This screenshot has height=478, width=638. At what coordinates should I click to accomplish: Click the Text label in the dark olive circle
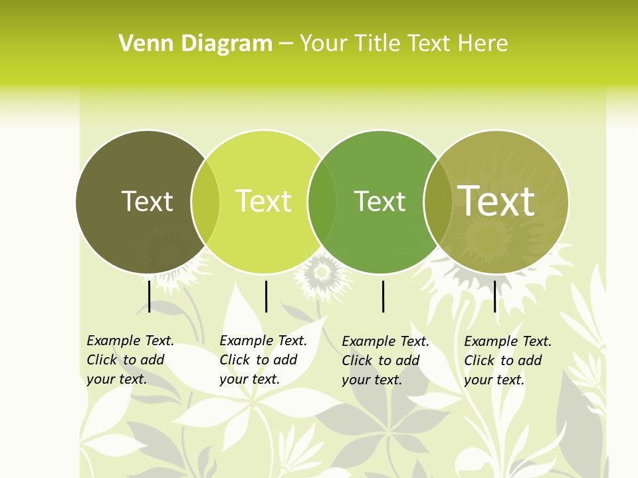click(x=147, y=201)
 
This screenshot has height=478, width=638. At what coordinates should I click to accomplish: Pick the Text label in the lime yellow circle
click(x=263, y=201)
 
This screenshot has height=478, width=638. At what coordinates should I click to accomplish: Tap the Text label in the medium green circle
click(x=379, y=201)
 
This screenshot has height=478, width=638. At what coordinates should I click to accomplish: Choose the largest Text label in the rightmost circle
click(x=496, y=200)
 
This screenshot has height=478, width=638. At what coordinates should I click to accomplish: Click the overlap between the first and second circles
click(x=205, y=201)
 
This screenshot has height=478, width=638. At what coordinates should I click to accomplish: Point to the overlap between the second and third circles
click(x=322, y=201)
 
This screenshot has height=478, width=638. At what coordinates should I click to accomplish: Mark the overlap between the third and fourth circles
click(x=438, y=201)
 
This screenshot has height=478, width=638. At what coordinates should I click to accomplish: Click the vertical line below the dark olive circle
click(x=150, y=296)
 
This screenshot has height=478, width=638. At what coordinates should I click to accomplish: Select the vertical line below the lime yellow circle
click(x=266, y=296)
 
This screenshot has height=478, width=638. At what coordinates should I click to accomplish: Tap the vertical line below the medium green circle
click(x=383, y=296)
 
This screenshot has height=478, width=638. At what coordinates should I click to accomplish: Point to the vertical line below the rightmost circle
click(x=495, y=296)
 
